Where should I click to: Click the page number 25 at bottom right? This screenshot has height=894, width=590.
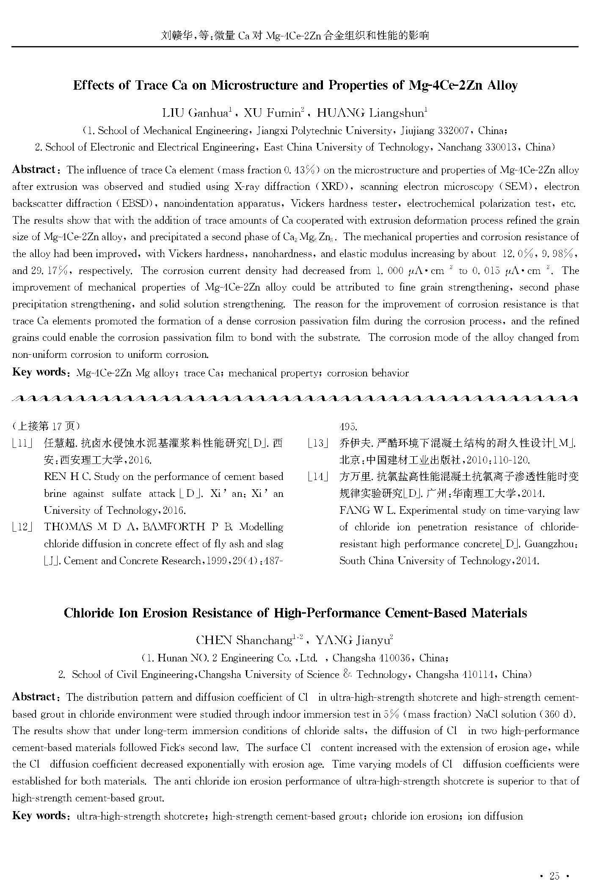pyautogui.click(x=554, y=876)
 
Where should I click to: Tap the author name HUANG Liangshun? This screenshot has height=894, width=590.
pyautogui.click(x=372, y=113)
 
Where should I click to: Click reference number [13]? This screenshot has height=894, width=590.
pyautogui.click(x=318, y=443)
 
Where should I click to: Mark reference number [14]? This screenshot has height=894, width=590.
pyautogui.click(x=318, y=477)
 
